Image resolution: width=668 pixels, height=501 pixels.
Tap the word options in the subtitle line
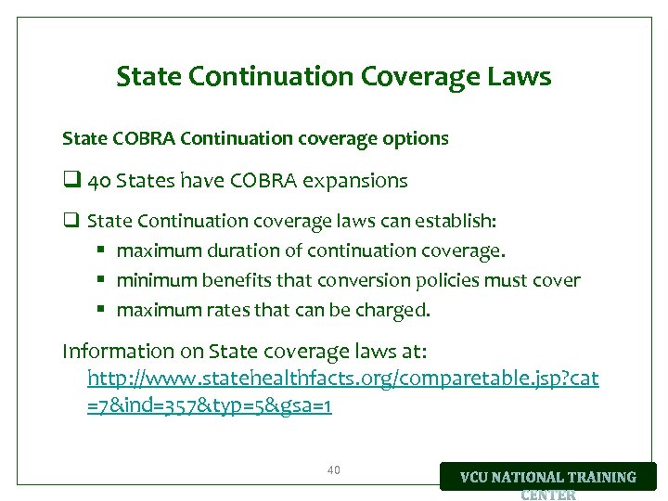pyautogui.click(x=412, y=139)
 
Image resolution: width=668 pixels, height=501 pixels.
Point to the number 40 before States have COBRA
pyautogui.click(x=98, y=181)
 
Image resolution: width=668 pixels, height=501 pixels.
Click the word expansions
pyautogui.click(x=358, y=181)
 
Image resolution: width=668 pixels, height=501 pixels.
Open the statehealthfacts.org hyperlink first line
pyautogui.click(x=342, y=379)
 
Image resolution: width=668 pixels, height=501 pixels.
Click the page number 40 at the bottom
pyautogui.click(x=334, y=470)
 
